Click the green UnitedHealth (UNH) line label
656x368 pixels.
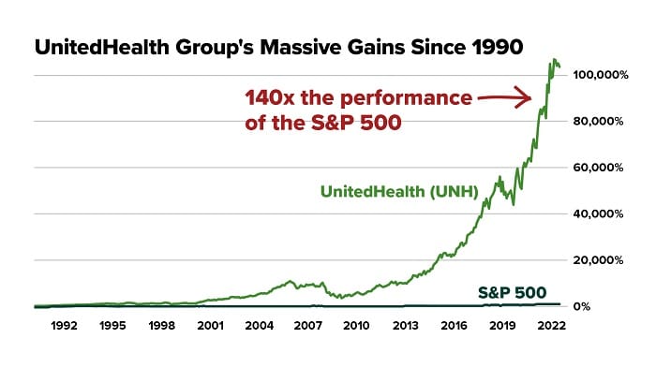coord(400,191)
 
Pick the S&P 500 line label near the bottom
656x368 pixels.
coord(512,291)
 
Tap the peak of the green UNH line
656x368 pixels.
coord(555,61)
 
